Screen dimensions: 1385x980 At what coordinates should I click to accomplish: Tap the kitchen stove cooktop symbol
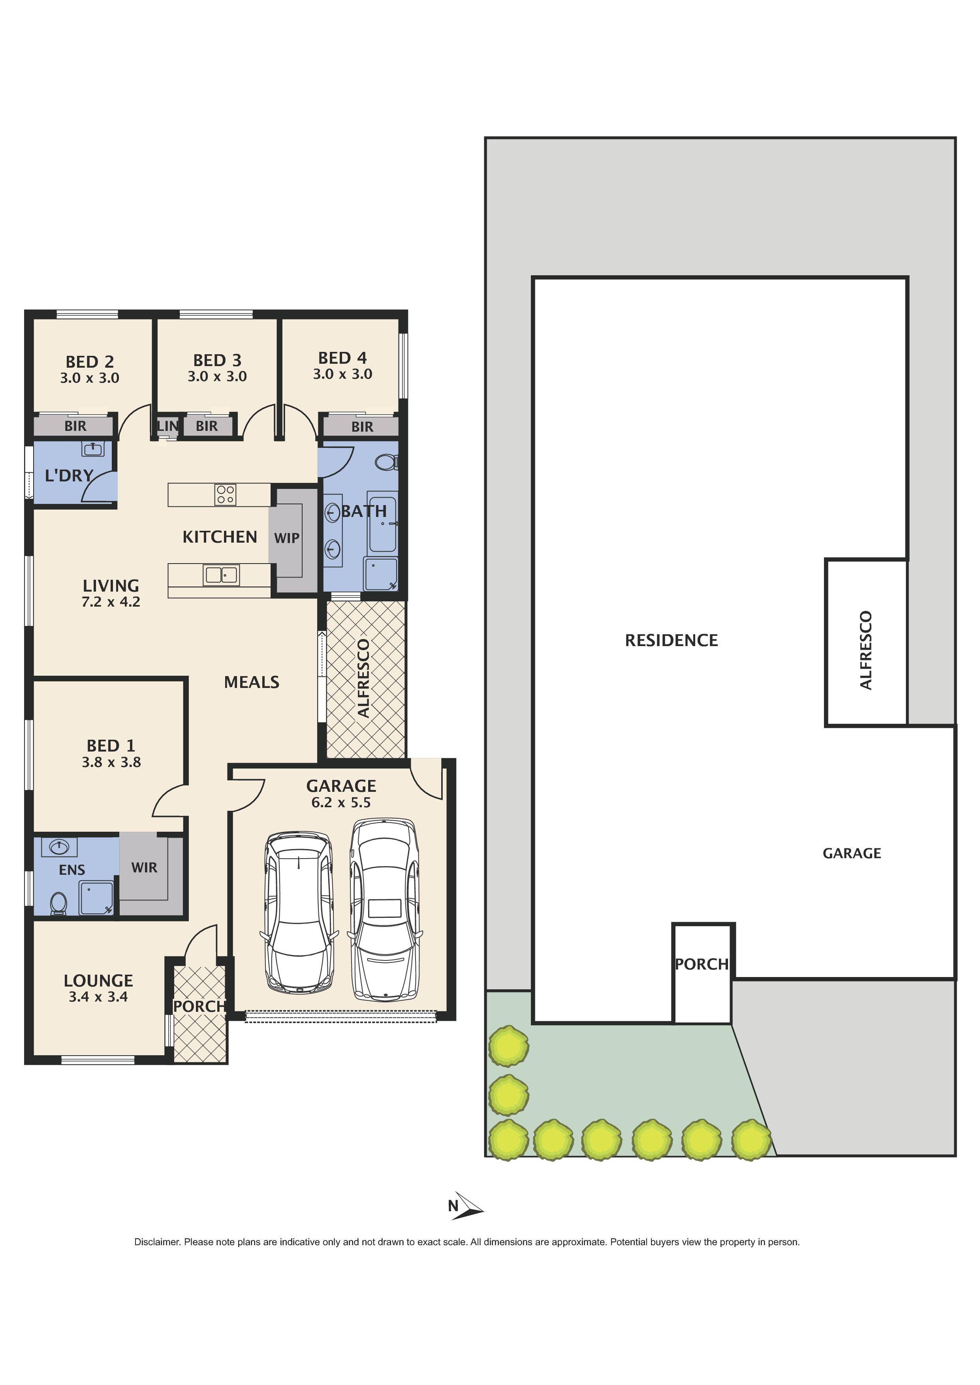225,494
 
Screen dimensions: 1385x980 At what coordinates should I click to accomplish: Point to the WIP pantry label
287,538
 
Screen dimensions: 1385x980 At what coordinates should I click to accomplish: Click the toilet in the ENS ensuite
58,904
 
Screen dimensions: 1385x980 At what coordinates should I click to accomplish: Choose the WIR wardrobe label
144,867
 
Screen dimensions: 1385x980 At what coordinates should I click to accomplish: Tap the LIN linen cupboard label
167,426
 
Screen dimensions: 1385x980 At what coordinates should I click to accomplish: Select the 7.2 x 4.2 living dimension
111,601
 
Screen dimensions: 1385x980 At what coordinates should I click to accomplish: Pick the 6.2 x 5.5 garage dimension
341,802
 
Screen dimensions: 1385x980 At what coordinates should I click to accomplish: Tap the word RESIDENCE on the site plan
671,640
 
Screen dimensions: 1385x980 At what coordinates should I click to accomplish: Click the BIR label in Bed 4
362,427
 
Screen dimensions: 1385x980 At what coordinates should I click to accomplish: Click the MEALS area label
252,682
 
